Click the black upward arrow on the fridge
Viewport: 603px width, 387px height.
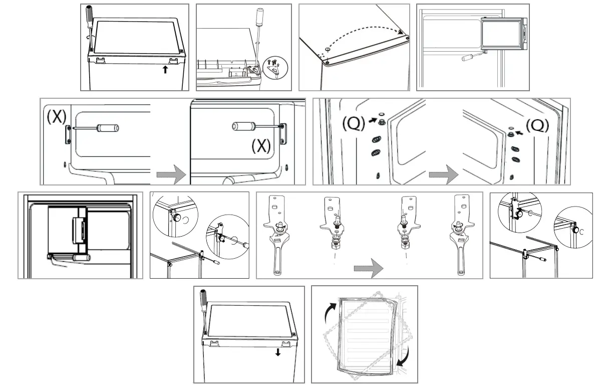click(x=165, y=70)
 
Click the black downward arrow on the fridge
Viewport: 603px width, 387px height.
click(x=278, y=352)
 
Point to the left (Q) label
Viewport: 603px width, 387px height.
click(x=354, y=123)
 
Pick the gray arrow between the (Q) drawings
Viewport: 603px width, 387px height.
click(x=443, y=176)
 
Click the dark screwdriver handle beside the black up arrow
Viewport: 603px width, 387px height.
click(x=90, y=18)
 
